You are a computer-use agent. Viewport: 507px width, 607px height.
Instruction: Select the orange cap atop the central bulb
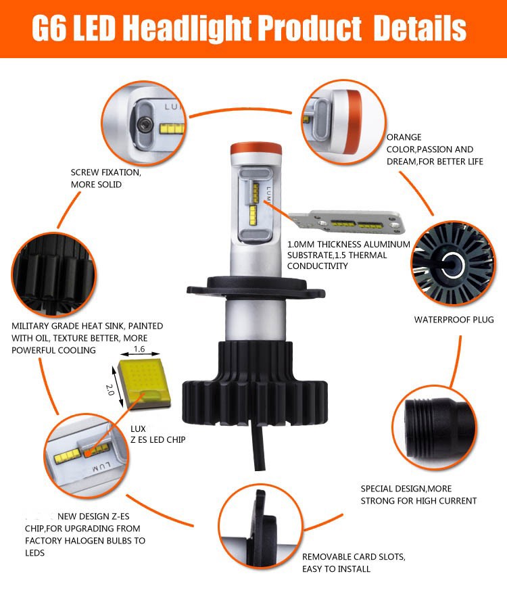[x=255, y=151]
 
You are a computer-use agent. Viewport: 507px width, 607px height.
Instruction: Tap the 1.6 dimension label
[x=140, y=349]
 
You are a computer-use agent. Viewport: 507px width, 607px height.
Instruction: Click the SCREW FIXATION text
[x=106, y=172]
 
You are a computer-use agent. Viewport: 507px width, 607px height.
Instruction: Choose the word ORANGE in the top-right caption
[x=404, y=137]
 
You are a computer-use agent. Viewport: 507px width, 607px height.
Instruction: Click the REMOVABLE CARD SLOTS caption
[x=354, y=557]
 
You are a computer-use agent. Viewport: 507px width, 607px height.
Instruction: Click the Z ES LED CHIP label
[x=158, y=439]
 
